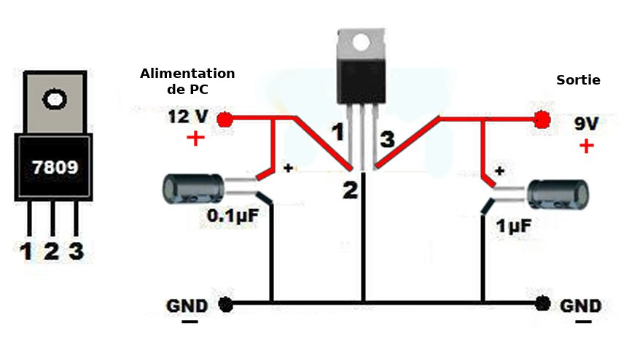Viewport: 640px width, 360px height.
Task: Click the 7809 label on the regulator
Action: click(55, 168)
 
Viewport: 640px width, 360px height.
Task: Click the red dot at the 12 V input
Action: click(225, 119)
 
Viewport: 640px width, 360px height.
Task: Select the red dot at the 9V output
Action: click(541, 120)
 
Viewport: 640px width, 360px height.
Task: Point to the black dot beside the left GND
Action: click(227, 304)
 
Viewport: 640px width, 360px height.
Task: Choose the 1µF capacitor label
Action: click(514, 226)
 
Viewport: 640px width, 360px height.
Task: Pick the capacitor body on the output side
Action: click(558, 197)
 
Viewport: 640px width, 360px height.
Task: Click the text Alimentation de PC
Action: click(187, 80)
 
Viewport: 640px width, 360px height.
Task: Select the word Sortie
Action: click(578, 80)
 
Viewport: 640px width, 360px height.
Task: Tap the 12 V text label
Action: click(188, 117)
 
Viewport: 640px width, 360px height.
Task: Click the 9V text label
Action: click(586, 124)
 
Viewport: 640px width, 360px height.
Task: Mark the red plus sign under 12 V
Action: click(195, 138)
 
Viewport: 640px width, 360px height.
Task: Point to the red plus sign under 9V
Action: click(586, 146)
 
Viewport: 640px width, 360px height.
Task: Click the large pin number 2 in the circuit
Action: click(351, 190)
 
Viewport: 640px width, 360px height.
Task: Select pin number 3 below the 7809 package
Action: click(76, 252)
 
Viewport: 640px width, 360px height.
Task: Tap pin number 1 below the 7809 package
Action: click(26, 252)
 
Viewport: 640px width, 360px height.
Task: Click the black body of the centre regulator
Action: click(359, 82)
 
